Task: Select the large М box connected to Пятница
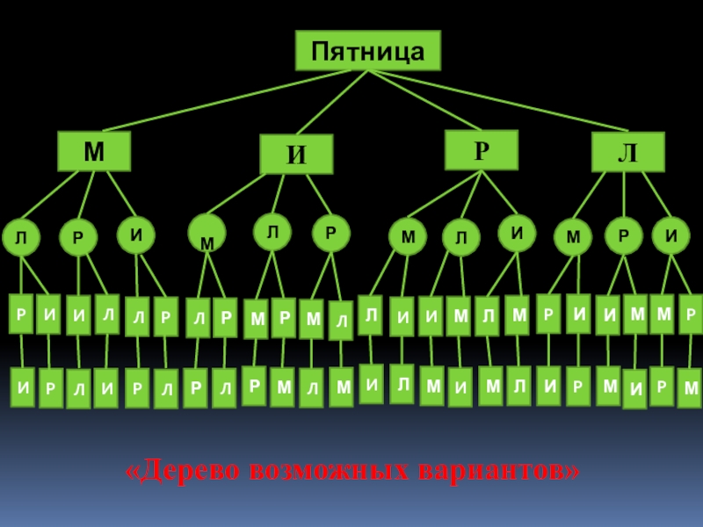(x=94, y=151)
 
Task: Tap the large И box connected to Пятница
(x=297, y=155)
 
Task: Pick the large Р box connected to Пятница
(x=481, y=149)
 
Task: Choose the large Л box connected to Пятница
(x=627, y=152)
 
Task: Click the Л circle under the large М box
(x=20, y=238)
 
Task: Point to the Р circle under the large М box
(x=78, y=238)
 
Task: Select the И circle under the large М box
(x=136, y=235)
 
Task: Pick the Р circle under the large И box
(x=330, y=234)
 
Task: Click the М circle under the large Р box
(x=407, y=237)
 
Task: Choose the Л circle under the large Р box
(x=461, y=237)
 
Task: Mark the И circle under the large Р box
(x=518, y=233)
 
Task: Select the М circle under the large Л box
(x=573, y=237)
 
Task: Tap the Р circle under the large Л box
(x=623, y=236)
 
